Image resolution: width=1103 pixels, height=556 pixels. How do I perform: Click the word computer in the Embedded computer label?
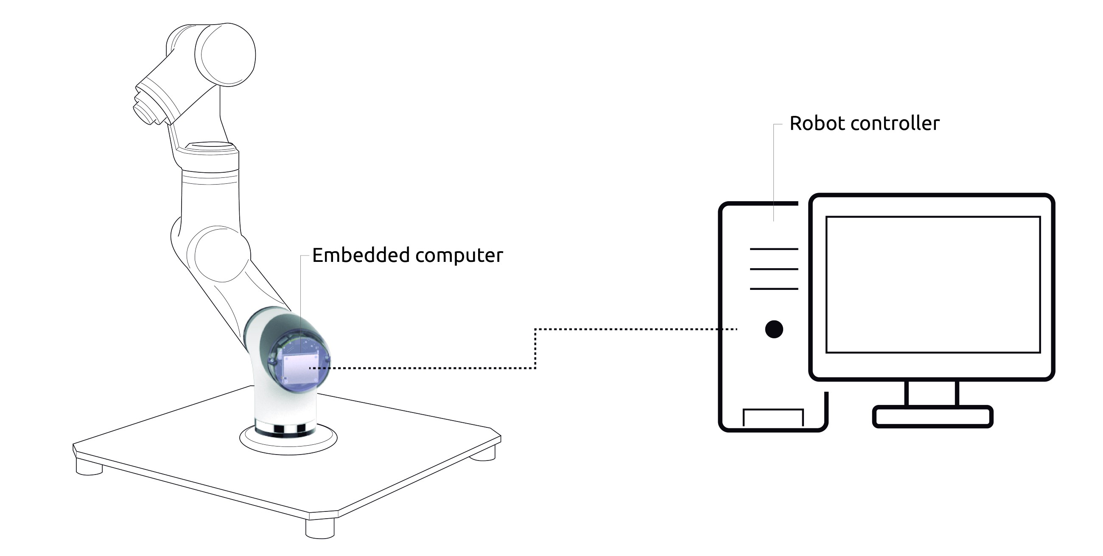459,256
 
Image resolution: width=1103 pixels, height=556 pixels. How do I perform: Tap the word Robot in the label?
816,124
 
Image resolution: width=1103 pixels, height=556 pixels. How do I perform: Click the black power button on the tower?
774,329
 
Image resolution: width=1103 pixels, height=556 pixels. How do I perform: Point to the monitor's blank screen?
932,284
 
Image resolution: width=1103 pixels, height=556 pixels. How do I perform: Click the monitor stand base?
932,416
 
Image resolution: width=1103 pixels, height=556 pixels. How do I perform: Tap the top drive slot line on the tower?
774,249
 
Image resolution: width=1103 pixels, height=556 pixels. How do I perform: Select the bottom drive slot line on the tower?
774,289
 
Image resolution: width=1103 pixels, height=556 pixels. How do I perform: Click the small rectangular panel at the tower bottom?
773,417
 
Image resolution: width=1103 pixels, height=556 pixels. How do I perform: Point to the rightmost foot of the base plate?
483,453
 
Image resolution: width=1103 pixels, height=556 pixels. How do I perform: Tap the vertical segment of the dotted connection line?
535,348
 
